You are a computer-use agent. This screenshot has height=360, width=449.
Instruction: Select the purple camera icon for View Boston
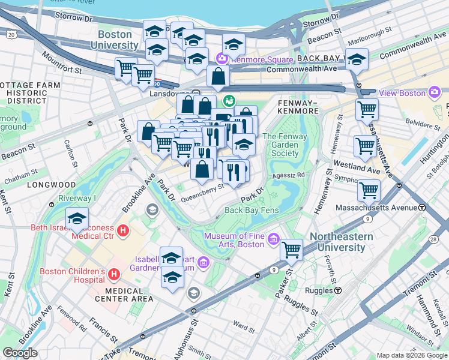435,92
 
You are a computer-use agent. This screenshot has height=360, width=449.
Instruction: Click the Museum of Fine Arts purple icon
274,239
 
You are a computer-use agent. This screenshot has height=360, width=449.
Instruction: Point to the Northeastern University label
341,241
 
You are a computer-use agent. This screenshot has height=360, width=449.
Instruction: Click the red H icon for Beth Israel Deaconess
123,230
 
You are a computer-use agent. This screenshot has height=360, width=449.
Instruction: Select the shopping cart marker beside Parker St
292,249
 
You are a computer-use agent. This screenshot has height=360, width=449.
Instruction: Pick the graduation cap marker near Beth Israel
77,220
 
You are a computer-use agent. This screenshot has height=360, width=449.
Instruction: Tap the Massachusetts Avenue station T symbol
422,208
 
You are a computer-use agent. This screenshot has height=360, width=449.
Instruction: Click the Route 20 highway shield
11,35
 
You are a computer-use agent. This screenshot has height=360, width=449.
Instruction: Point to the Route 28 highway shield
433,240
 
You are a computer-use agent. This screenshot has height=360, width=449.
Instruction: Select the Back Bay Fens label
252,210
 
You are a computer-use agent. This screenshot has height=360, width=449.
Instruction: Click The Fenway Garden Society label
280,145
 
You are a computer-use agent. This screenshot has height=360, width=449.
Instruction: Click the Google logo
20,353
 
